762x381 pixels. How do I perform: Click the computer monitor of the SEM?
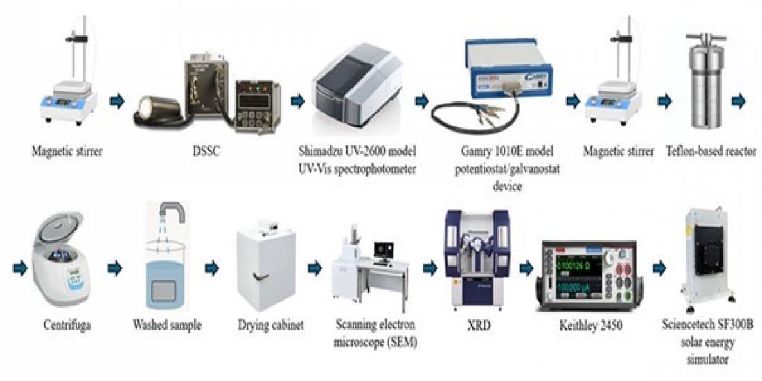click(382, 249)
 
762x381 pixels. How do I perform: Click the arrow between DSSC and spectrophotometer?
click(297, 102)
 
